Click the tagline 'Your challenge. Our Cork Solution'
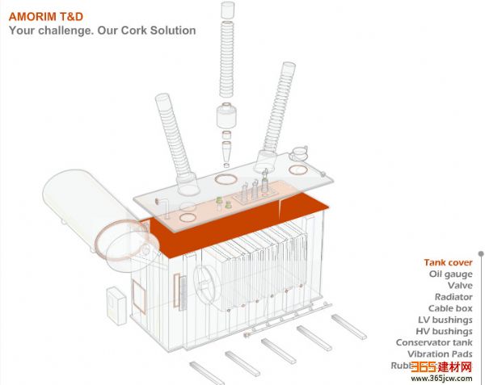click(102, 31)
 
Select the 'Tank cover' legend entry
click(448, 262)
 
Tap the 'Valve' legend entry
click(460, 285)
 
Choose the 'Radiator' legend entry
click(453, 296)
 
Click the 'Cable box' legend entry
click(450, 308)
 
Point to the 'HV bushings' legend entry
click(444, 331)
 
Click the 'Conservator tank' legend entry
click(434, 342)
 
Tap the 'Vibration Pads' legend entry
click(440, 354)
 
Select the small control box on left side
click(116, 307)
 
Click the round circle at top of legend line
click(480, 253)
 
